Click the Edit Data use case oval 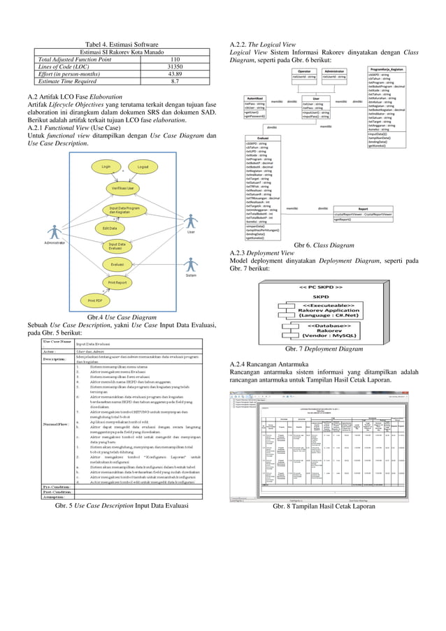point(109,229)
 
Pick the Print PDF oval point(94,300)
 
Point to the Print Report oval point(117,282)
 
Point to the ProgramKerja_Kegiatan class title point(387,70)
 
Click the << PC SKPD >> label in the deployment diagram point(321,287)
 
